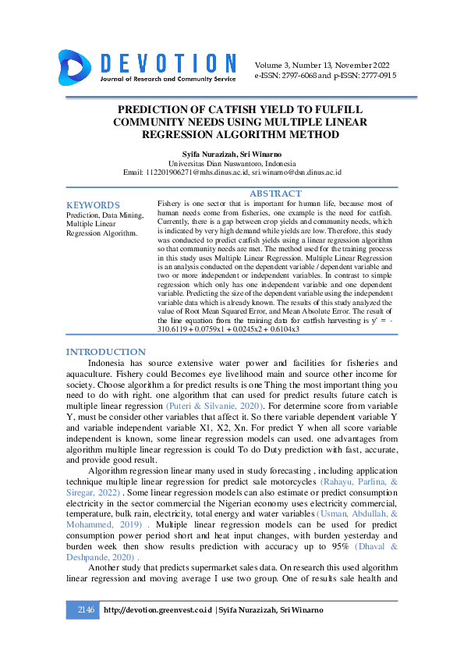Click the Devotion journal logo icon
click(x=76, y=66)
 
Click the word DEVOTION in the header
click(x=167, y=63)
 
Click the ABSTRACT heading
click(x=275, y=194)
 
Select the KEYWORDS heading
click(x=93, y=204)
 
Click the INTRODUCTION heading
click(x=105, y=352)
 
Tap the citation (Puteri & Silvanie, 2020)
click(x=214, y=407)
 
